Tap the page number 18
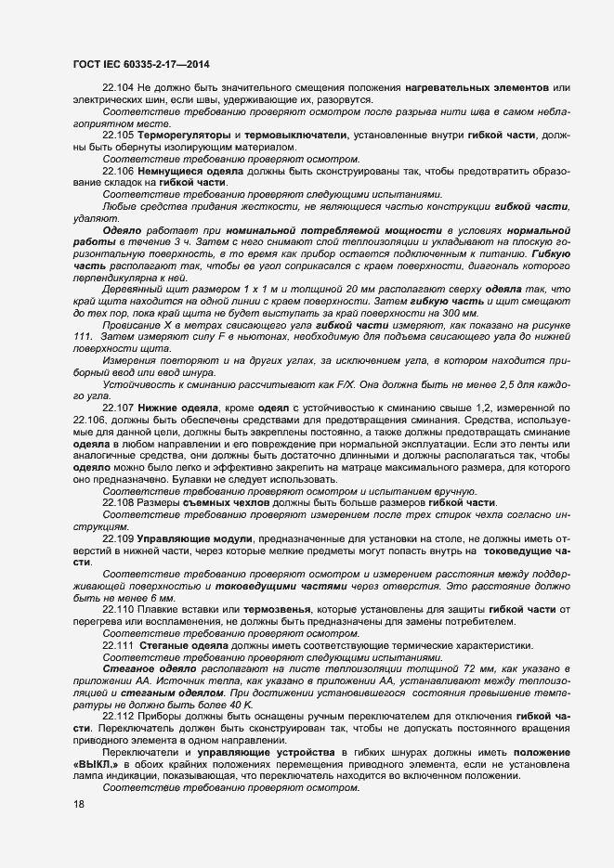78,804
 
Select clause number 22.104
119,87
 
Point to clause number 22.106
119,171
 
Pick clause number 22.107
119,408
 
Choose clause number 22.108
119,502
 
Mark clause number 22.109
119,538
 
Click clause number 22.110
119,609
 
